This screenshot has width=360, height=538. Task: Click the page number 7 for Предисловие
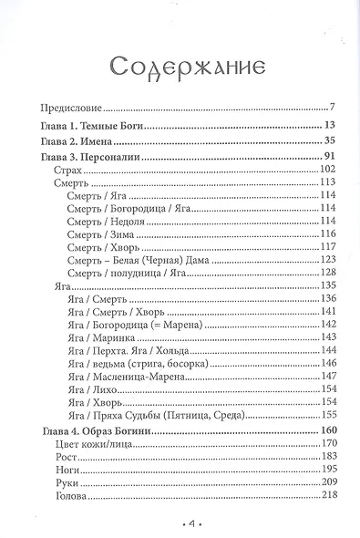click(334, 107)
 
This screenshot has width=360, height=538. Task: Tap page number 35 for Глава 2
click(331, 141)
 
